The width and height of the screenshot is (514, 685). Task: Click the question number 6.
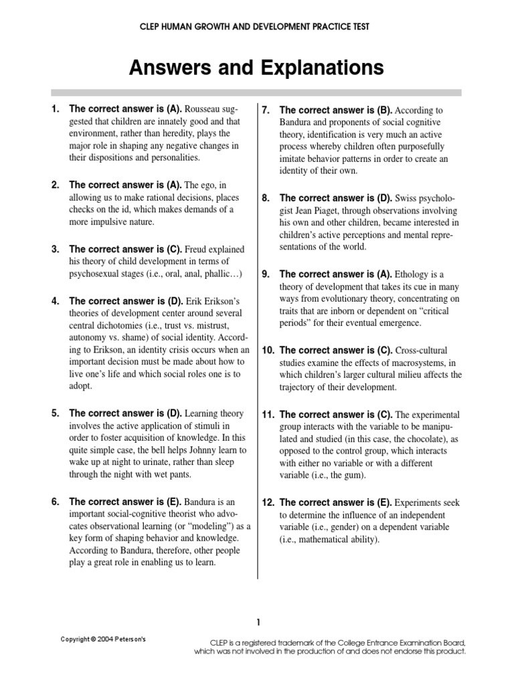click(56, 501)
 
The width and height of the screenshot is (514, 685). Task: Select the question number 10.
click(268, 350)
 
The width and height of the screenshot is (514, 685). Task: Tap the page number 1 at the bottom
click(258, 623)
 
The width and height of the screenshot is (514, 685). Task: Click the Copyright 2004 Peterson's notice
click(103, 640)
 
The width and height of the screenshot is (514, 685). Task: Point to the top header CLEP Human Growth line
click(257, 26)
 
